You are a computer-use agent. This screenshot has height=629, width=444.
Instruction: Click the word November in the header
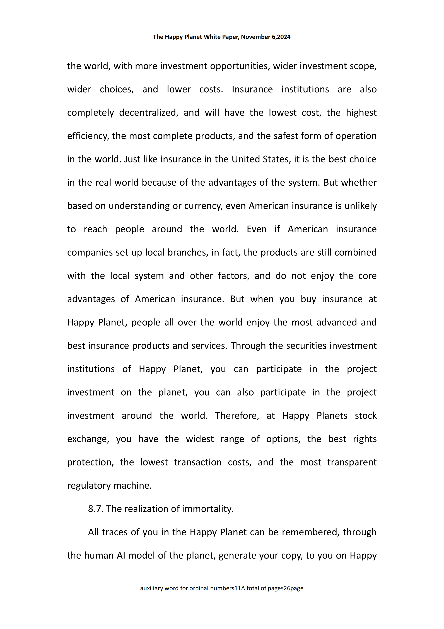pos(255,37)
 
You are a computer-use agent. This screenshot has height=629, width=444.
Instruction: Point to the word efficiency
pos(88,136)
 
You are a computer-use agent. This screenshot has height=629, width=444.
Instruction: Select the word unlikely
pos(360,206)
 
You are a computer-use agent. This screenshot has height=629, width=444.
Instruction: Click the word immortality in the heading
pos(208,509)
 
